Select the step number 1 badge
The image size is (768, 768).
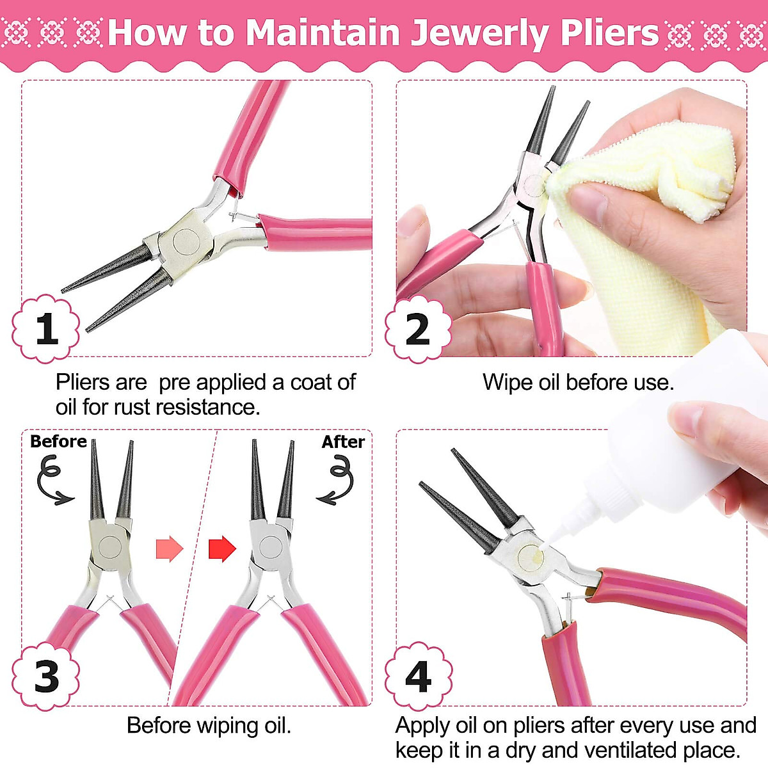tap(46, 329)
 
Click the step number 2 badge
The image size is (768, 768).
tap(418, 329)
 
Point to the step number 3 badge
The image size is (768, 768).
tap(46, 676)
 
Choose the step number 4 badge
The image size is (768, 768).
tap(418, 676)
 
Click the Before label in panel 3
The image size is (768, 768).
tap(58, 442)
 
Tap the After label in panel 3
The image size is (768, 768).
tap(343, 442)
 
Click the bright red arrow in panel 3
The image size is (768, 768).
tap(222, 548)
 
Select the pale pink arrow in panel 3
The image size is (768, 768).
tap(170, 548)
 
